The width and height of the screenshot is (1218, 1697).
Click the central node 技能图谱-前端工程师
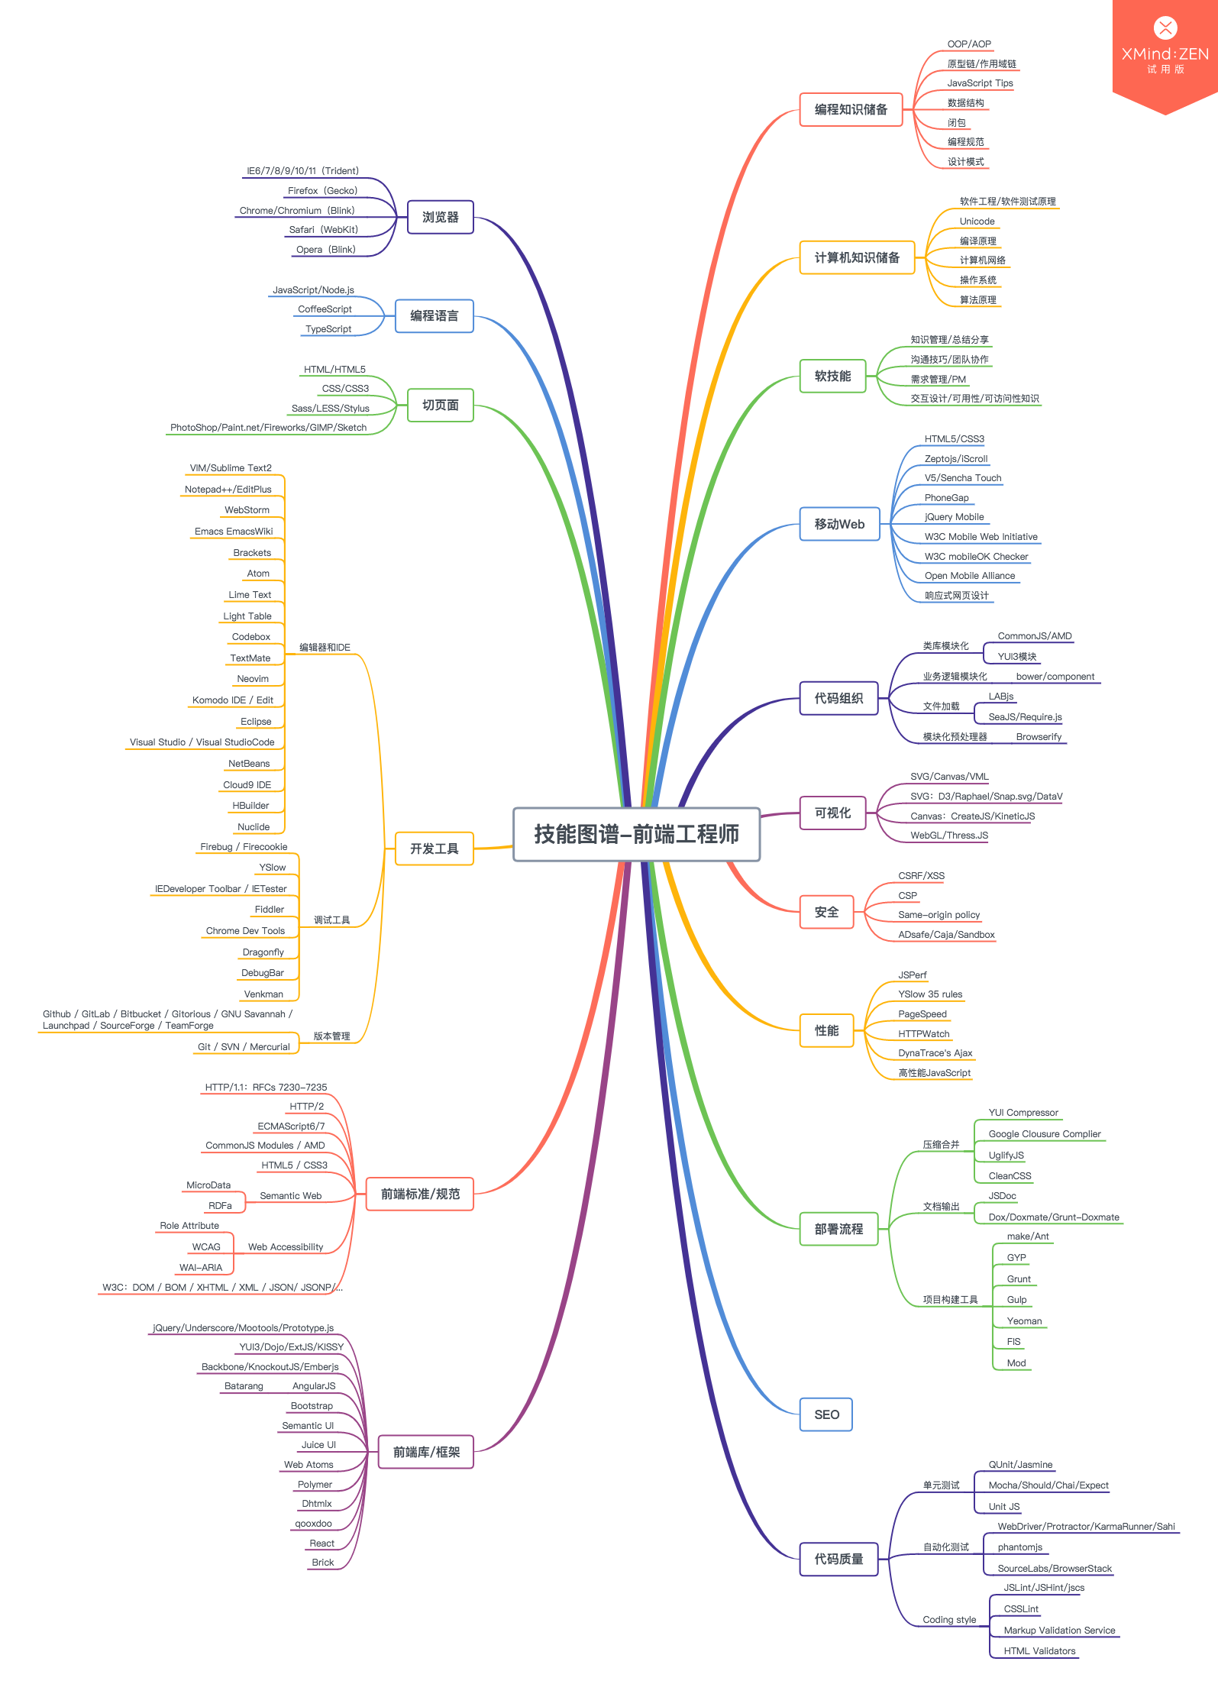(636, 834)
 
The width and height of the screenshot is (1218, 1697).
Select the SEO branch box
(825, 1414)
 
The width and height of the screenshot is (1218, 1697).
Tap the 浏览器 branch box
(440, 217)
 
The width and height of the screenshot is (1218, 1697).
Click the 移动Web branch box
(838, 524)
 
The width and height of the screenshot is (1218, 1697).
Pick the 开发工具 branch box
(434, 848)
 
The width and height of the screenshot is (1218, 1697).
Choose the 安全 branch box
(825, 912)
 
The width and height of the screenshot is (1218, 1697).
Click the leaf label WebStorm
(247, 510)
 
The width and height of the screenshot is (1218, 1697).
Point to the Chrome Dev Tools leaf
(245, 931)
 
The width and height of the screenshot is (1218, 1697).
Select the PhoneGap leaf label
(946, 498)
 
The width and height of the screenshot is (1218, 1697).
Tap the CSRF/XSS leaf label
(921, 876)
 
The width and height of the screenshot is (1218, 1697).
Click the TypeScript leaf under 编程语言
(328, 329)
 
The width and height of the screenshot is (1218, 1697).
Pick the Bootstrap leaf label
(312, 1406)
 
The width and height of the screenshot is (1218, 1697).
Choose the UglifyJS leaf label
(1006, 1156)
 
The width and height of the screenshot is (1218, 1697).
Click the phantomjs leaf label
(1019, 1547)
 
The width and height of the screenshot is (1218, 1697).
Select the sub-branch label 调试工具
(331, 920)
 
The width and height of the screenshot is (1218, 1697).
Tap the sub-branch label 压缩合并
(941, 1145)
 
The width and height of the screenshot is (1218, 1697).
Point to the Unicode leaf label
(977, 221)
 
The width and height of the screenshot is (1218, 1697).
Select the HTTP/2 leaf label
(306, 1107)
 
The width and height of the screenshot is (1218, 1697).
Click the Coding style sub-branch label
(949, 1620)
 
